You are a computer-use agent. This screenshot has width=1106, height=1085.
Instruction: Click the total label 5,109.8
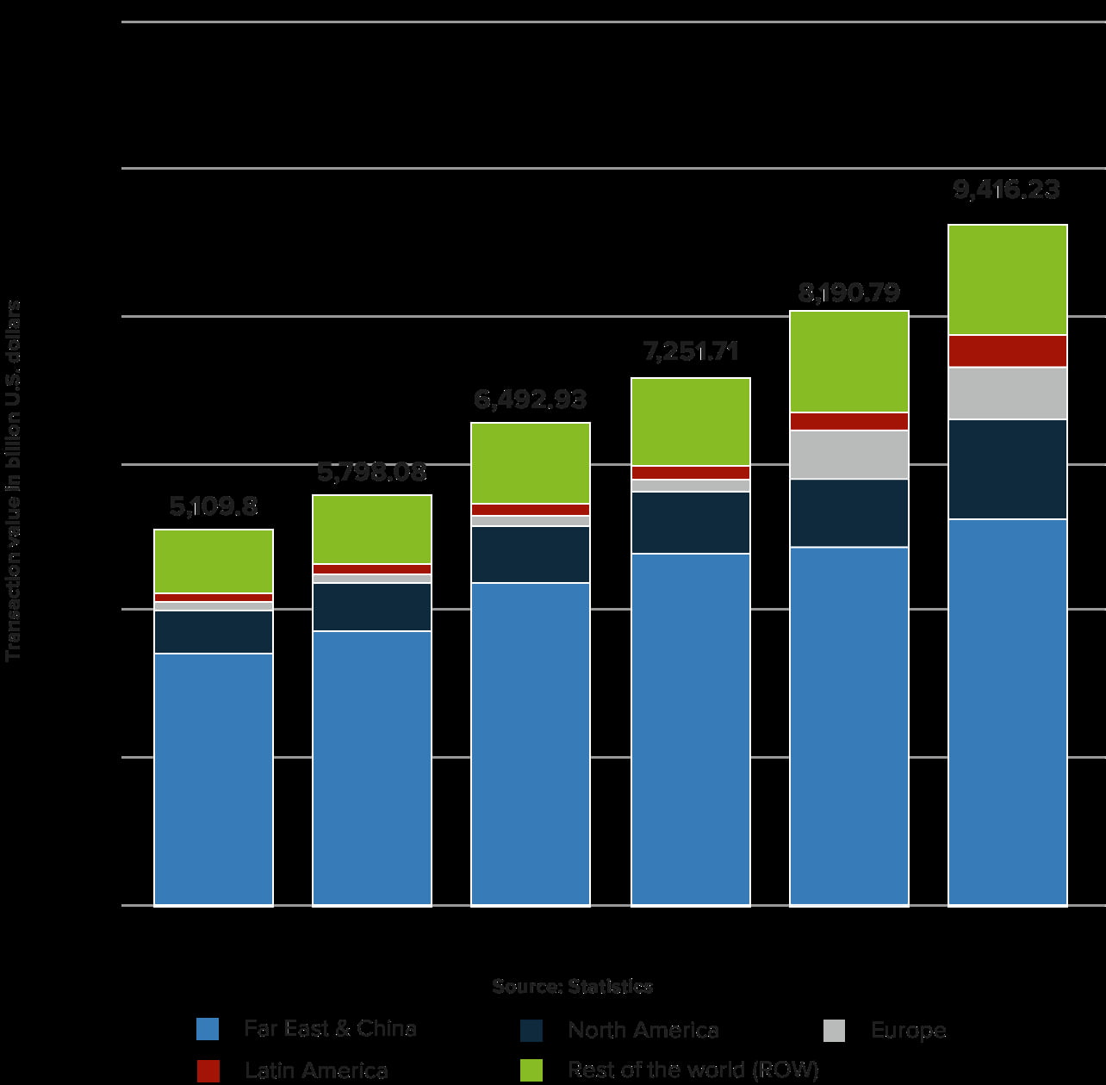(x=214, y=507)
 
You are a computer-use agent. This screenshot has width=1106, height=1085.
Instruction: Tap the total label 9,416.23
(x=1006, y=189)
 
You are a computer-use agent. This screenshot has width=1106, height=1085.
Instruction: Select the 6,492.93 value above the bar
(x=531, y=400)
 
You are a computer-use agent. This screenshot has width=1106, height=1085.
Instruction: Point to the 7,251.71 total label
(x=691, y=351)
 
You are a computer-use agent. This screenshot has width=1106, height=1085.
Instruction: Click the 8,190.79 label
(x=848, y=293)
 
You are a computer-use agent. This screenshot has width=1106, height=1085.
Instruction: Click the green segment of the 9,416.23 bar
(x=1007, y=280)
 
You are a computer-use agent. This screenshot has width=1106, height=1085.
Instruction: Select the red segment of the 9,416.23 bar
(x=1007, y=351)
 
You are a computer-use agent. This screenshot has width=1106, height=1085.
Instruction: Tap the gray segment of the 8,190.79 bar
(x=848, y=455)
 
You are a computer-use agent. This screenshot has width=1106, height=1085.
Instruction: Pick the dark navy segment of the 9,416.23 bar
(x=1007, y=469)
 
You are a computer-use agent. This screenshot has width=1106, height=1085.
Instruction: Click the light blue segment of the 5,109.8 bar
(x=214, y=779)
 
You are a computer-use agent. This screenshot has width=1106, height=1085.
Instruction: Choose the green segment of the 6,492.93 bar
(x=531, y=463)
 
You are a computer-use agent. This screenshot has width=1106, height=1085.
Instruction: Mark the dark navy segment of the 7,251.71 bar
(x=691, y=523)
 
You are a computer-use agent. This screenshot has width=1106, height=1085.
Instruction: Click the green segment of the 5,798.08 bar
(x=372, y=530)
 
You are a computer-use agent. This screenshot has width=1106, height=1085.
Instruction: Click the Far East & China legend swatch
(x=208, y=1029)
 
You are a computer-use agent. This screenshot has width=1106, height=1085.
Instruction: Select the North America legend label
(x=643, y=1030)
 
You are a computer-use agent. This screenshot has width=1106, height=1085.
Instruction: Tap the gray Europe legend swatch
(x=834, y=1030)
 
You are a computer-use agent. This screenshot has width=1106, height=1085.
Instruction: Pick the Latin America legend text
(x=316, y=1070)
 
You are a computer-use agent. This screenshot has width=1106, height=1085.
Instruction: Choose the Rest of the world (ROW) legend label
(x=693, y=1070)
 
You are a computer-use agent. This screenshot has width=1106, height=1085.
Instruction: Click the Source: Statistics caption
(x=572, y=987)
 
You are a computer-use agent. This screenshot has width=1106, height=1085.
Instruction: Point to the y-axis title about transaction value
(x=14, y=481)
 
